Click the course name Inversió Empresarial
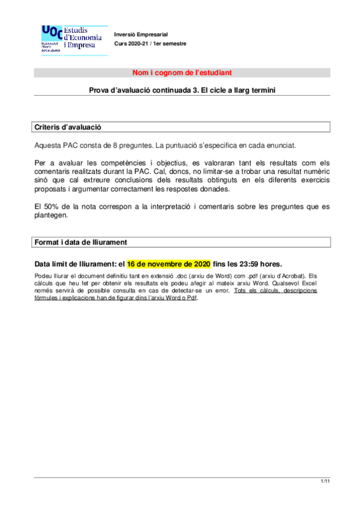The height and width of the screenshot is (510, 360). tap(141, 33)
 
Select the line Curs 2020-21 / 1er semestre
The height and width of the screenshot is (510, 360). tap(151, 44)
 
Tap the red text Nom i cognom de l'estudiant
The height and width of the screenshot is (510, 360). tap(182, 73)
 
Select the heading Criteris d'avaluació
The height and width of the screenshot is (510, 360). tap(67, 127)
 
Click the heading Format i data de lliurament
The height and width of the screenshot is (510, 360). tap(81, 242)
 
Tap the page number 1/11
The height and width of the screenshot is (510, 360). tap(325, 482)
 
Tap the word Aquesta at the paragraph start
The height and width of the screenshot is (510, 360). tap(49, 146)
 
